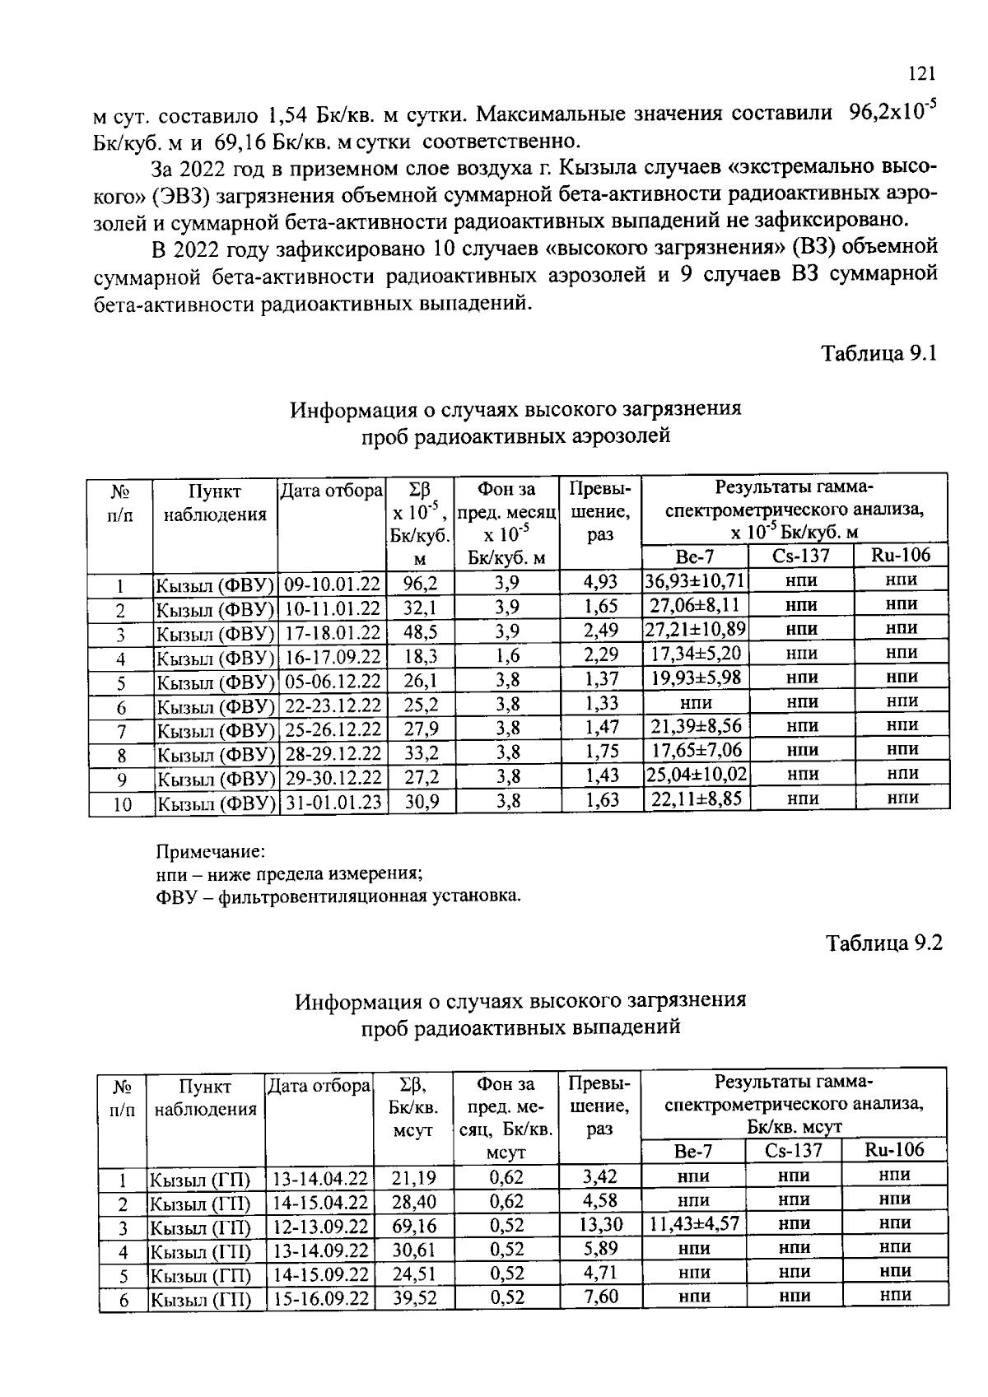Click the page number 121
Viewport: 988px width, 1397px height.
pos(921,74)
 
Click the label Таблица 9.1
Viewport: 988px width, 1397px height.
pos(879,354)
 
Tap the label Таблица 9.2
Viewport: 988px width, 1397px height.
pos(883,943)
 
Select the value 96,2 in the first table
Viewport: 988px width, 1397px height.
pos(420,583)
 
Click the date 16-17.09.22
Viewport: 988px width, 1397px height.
pos(333,657)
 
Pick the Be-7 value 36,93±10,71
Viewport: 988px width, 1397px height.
pos(695,581)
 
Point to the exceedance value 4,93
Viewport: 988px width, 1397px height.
pos(600,582)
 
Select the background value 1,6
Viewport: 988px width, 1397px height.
pos(507,656)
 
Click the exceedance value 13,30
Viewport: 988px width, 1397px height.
pos(600,1225)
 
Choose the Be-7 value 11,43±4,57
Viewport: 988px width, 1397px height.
pos(694,1224)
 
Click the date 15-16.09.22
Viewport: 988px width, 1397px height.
pos(320,1299)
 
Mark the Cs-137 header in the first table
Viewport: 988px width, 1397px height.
pos(801,556)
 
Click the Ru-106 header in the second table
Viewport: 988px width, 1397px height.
pos(894,1150)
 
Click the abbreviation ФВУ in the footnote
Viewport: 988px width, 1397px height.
pos(174,896)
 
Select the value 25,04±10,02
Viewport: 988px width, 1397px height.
pos(696,775)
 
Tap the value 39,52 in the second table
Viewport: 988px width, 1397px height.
pos(414,1299)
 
